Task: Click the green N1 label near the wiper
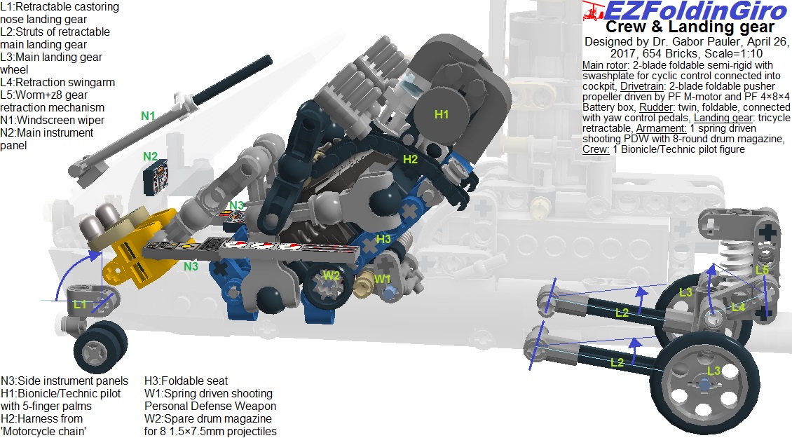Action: [147, 116]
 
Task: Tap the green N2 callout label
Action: [150, 156]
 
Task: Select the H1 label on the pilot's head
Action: [442, 115]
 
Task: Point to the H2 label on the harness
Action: [410, 160]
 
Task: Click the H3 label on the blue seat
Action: [383, 239]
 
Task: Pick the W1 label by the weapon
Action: [383, 279]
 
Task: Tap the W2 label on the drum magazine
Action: [332, 275]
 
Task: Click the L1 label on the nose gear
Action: [80, 304]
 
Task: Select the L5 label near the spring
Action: [762, 270]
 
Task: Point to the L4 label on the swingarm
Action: [738, 307]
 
